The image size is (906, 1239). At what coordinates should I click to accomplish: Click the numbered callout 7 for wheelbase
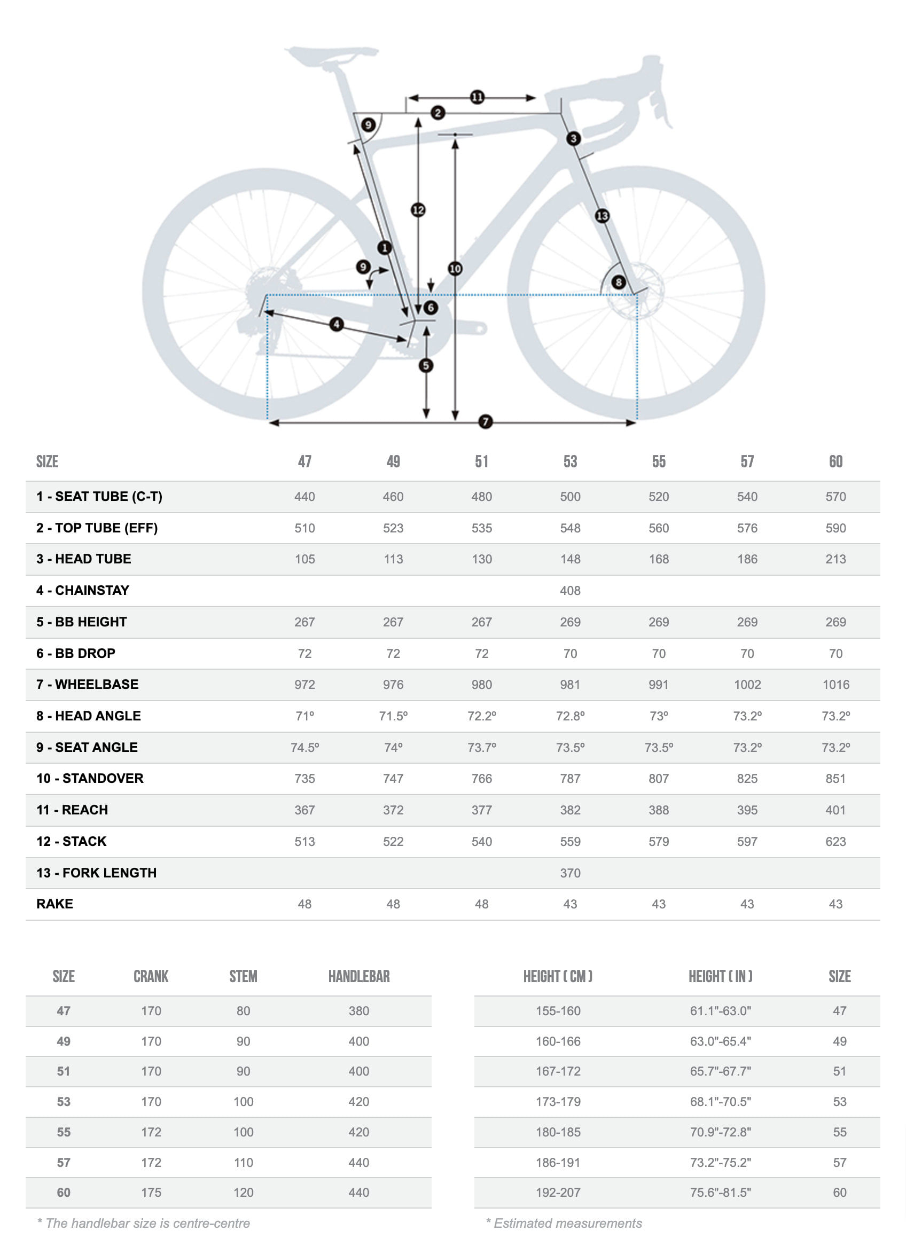485,421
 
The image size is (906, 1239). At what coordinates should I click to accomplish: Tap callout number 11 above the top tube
477,97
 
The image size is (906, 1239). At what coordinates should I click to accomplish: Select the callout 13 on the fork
602,215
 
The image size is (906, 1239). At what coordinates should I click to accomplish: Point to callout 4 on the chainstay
336,324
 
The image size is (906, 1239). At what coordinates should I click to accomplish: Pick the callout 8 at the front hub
618,282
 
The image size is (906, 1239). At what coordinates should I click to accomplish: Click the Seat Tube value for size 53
570,497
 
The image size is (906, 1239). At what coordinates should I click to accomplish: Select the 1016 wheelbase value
835,684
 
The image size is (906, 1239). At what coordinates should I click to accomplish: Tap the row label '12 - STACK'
71,841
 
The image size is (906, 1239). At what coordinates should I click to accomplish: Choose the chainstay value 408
570,591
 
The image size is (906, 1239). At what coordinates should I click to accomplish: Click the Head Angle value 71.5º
393,716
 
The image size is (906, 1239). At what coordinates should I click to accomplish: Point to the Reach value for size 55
658,810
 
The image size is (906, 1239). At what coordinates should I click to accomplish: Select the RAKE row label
54,904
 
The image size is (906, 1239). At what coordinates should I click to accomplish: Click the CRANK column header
151,976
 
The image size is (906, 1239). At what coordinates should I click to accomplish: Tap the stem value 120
243,1193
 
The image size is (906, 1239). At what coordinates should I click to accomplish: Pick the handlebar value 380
358,1011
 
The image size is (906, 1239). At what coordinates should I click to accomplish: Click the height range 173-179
558,1101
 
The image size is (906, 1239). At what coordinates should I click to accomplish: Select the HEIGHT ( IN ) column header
720,976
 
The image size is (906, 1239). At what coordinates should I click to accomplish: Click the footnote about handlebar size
144,1223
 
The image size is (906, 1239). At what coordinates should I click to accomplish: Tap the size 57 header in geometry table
747,461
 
